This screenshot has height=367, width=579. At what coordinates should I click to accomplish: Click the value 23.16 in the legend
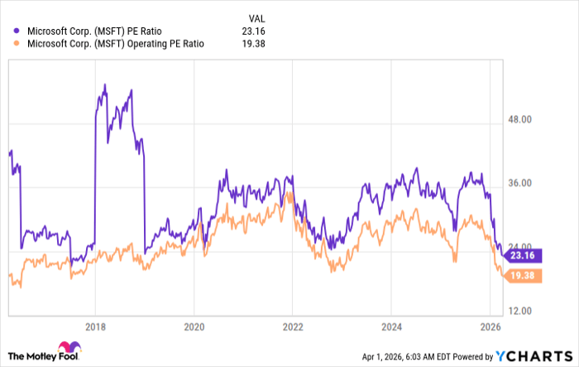tap(254, 31)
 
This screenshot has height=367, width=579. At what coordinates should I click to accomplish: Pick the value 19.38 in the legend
tap(254, 45)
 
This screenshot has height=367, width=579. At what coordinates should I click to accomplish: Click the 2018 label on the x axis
tap(95, 326)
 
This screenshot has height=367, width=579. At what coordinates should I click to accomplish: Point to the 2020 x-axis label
tap(194, 326)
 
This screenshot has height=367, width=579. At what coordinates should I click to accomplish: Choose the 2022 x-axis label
tap(292, 326)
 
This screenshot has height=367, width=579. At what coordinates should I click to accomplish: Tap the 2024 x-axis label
tap(390, 326)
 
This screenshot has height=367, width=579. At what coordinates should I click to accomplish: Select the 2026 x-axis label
tap(489, 326)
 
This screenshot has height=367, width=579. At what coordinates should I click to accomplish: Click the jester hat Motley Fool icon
tap(67, 351)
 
